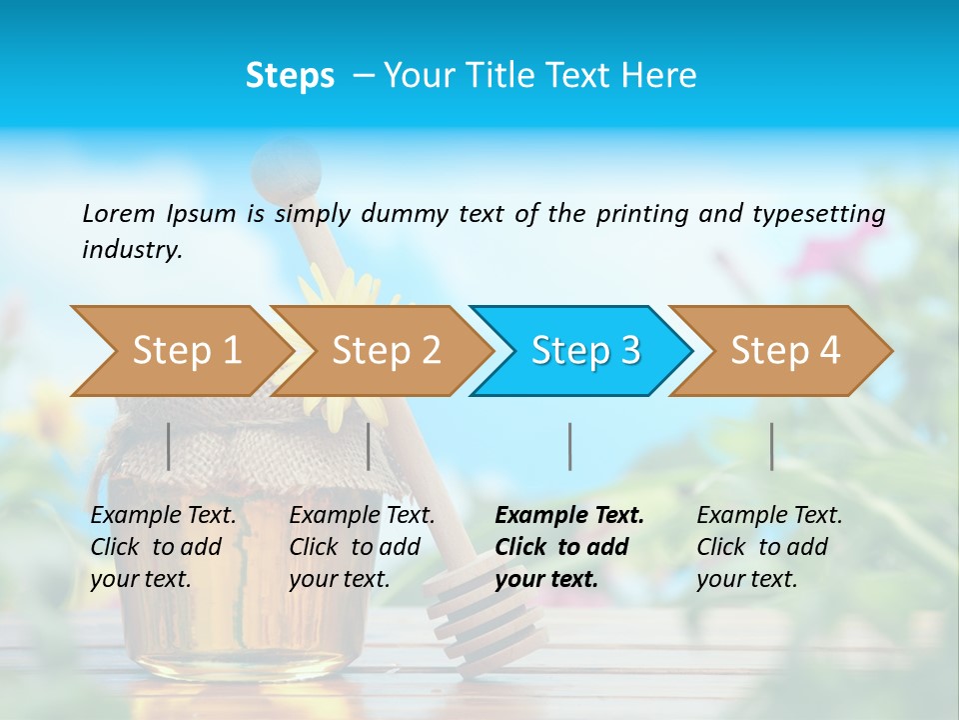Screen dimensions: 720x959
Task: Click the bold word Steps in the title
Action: click(290, 75)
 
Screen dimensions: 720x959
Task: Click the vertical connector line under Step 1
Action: click(169, 446)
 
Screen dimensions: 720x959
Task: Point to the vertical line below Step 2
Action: click(369, 446)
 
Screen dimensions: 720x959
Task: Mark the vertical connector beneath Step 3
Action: click(569, 446)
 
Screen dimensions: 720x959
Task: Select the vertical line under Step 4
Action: click(771, 446)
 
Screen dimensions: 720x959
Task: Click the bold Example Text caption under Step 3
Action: click(569, 547)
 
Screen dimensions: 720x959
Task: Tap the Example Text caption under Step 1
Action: click(163, 547)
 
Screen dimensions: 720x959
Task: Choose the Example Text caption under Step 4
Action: click(769, 547)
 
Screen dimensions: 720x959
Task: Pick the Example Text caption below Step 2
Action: click(362, 547)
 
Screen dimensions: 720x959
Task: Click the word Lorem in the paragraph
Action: click(119, 213)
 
